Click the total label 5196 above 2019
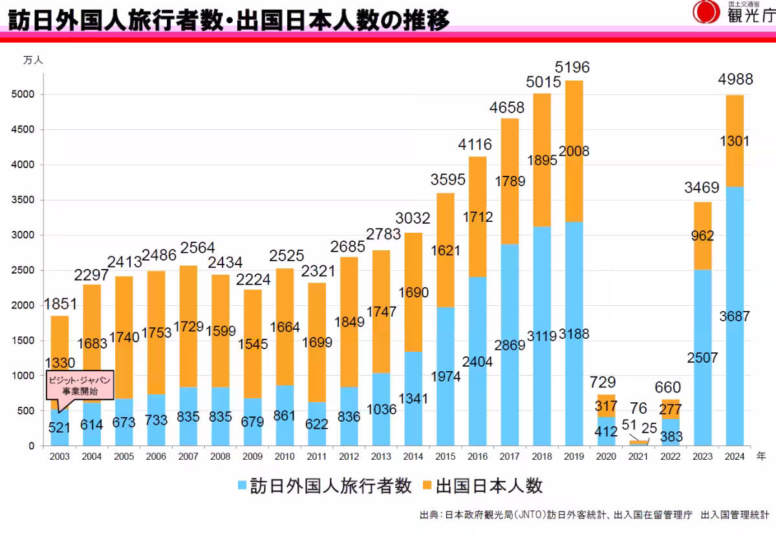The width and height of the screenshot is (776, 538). (572, 68)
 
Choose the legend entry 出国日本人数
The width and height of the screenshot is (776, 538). (482, 486)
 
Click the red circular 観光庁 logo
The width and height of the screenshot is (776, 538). (706, 12)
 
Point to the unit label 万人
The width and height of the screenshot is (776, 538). (33, 59)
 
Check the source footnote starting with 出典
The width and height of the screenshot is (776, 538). (594, 515)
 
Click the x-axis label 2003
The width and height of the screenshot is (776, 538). (59, 457)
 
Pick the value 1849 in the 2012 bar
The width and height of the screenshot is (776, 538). (350, 322)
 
